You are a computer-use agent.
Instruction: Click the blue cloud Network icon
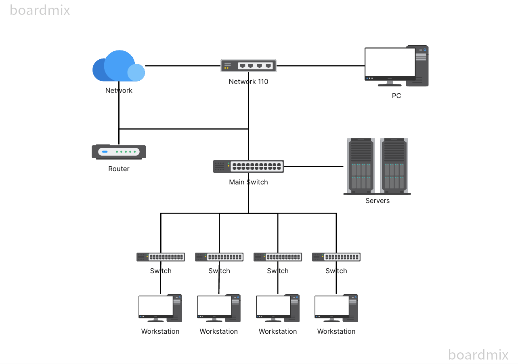(x=118, y=67)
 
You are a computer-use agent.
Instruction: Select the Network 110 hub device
(x=248, y=65)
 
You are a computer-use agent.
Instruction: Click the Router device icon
(x=119, y=152)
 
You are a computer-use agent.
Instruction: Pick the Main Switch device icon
(x=248, y=166)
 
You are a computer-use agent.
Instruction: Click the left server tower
(x=361, y=165)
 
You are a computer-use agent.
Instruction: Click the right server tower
(x=394, y=165)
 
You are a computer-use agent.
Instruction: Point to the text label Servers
(x=377, y=201)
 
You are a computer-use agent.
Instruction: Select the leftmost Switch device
(x=161, y=257)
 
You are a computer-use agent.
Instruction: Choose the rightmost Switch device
(x=336, y=257)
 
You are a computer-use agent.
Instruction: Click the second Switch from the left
(x=219, y=257)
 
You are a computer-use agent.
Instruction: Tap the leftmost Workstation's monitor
(x=156, y=306)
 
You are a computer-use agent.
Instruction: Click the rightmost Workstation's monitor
(x=332, y=306)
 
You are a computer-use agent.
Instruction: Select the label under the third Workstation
(x=278, y=331)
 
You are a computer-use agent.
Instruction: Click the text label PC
(x=396, y=96)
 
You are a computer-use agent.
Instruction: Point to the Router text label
(x=119, y=169)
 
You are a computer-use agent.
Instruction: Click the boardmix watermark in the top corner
(x=40, y=10)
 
